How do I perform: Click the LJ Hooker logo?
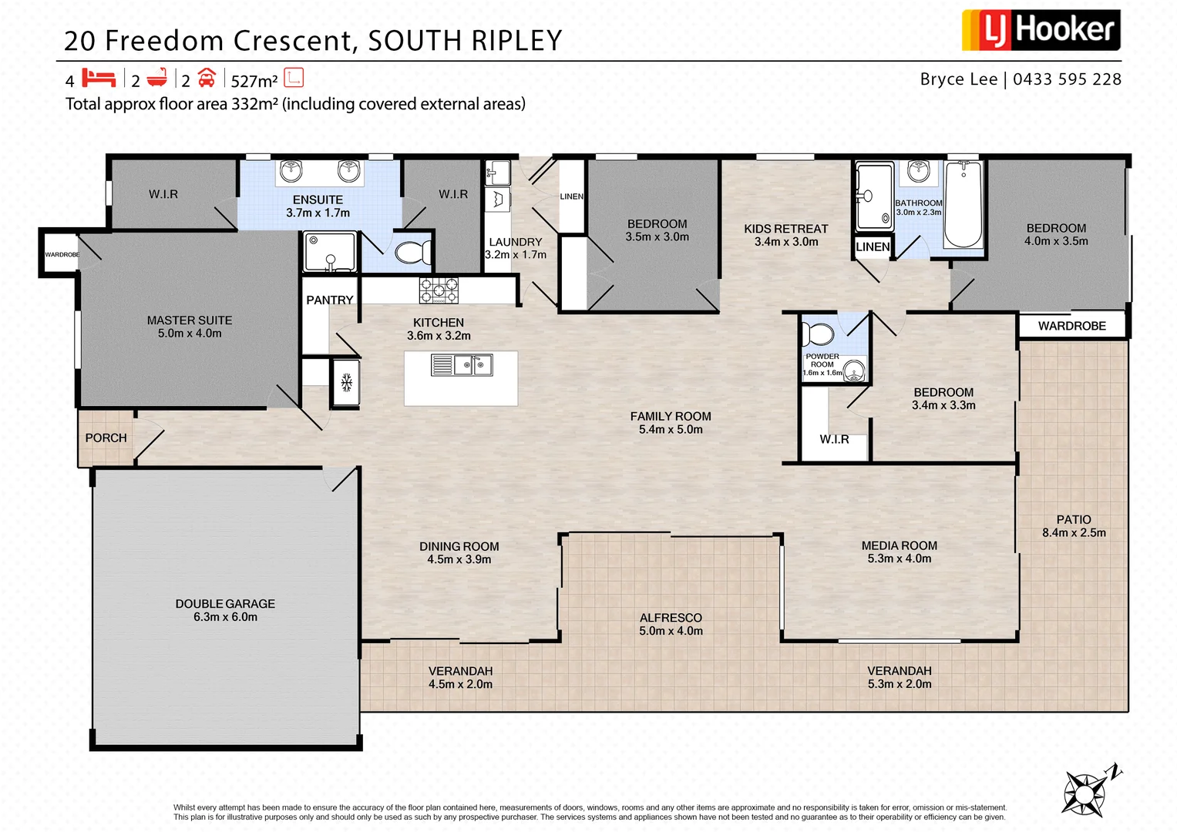coord(1040,30)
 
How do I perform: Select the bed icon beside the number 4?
coord(99,78)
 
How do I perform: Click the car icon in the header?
coord(207,78)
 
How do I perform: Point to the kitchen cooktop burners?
coord(439,290)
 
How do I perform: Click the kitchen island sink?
coord(462,364)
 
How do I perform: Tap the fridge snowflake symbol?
coord(346,381)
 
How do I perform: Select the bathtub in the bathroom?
coord(963,204)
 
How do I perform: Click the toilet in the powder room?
coord(817,335)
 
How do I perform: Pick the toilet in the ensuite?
coord(413,252)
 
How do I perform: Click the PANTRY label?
coord(330,300)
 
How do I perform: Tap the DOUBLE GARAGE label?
coord(225,604)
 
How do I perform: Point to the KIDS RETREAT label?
coord(785,229)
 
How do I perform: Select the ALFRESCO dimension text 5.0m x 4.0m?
coord(671,631)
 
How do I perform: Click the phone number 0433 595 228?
coord(1067,79)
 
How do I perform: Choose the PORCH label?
coord(106,438)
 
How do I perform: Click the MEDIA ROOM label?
coord(899,545)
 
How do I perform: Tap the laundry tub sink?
coord(497,172)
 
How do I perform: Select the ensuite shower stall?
coord(330,252)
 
